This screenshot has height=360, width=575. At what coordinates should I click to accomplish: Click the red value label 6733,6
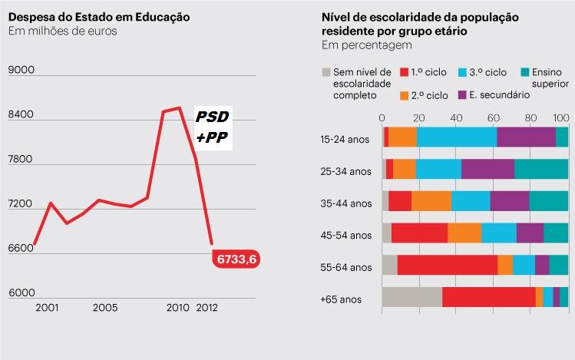236,260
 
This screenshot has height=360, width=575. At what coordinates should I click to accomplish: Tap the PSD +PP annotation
212,127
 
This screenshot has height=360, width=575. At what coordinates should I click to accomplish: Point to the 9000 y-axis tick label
21,71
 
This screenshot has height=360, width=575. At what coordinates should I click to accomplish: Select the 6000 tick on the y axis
21,293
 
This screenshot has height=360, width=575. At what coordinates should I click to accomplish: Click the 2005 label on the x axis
105,308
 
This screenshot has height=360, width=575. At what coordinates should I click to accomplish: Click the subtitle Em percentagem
366,46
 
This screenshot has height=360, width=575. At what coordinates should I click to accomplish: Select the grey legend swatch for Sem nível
326,71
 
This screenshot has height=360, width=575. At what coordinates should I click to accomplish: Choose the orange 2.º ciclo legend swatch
405,95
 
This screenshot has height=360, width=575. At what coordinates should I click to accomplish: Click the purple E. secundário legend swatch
463,95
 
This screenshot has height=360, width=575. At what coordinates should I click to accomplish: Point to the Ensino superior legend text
552,78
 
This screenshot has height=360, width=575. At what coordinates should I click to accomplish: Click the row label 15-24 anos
345,139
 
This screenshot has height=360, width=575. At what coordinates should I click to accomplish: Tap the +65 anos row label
341,299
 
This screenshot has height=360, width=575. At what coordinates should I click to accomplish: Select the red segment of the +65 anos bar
488,297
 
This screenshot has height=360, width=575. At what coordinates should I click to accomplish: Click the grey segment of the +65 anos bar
411,297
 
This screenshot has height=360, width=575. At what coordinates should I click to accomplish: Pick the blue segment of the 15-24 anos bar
456,137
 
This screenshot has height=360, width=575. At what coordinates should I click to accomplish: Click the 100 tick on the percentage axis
561,117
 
